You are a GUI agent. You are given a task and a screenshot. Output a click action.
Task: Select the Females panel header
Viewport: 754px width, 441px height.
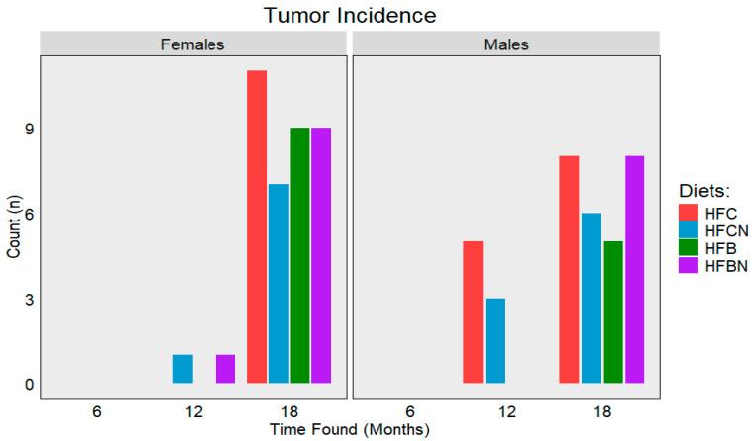(193, 44)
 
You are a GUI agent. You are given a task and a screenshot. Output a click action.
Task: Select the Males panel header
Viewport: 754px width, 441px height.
(506, 44)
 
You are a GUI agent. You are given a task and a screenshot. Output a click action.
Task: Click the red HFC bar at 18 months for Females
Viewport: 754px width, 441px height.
(257, 226)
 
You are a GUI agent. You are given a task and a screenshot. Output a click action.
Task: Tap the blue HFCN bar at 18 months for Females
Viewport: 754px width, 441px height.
(279, 284)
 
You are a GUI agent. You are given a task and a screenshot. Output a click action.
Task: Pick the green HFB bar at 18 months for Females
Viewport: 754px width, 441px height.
(299, 255)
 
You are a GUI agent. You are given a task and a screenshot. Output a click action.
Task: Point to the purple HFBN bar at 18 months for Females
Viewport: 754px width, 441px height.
(321, 255)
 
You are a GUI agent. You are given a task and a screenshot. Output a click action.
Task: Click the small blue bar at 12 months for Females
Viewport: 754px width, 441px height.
(183, 369)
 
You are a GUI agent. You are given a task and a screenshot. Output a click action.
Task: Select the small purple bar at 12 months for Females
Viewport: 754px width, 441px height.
(225, 369)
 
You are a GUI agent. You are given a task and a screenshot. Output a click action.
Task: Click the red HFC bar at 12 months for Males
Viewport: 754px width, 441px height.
(473, 311)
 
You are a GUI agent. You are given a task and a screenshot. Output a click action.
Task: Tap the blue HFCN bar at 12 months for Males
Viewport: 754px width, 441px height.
(495, 340)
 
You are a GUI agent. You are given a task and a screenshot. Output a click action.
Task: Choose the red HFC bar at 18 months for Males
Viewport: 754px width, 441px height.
(569, 269)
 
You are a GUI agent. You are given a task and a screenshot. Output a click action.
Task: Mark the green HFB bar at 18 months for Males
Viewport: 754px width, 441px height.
(613, 311)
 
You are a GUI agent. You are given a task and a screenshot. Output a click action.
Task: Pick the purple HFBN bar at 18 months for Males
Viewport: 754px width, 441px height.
(634, 269)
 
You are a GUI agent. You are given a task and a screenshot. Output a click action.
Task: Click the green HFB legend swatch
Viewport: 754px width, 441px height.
(689, 247)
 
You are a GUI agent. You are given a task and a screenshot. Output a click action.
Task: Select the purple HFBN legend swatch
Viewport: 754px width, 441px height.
(689, 267)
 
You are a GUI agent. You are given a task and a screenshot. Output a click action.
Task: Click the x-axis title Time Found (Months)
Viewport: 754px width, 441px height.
(350, 429)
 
